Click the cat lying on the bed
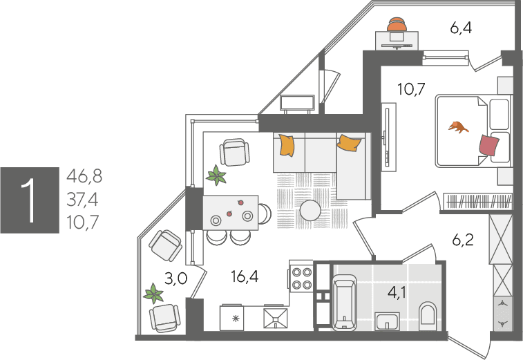(458, 127)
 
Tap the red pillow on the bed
(489, 145)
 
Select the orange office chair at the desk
(397, 24)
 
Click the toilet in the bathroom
(428, 314)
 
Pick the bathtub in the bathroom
(344, 303)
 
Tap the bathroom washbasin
(387, 321)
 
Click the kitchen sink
(276, 319)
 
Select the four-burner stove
(301, 278)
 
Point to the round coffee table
(310, 211)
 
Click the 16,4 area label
(245, 276)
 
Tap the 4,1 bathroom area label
(397, 292)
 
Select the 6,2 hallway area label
(463, 240)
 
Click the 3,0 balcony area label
(176, 278)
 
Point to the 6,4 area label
(461, 28)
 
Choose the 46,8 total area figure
(84, 176)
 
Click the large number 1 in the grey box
(29, 200)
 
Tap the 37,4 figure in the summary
(82, 200)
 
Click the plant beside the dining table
(216, 175)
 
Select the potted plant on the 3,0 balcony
(153, 294)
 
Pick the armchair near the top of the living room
(234, 152)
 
